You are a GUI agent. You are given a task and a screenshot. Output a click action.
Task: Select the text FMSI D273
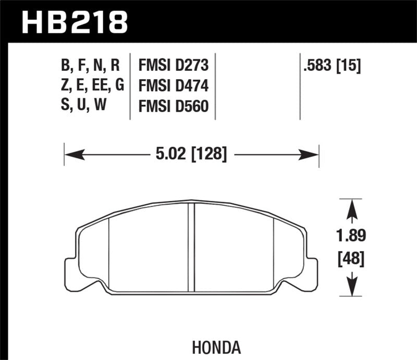[x=173, y=66]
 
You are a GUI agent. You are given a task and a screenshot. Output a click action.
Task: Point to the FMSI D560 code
[x=173, y=106]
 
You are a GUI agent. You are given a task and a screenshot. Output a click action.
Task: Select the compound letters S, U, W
[x=83, y=106]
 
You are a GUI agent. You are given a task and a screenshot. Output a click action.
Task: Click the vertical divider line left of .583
[x=300, y=86]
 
